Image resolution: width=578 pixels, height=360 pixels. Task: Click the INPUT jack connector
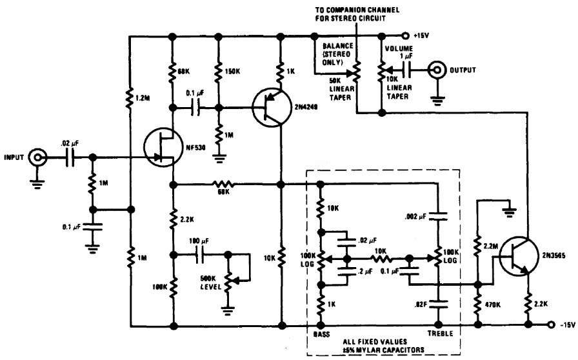pyautogui.click(x=39, y=156)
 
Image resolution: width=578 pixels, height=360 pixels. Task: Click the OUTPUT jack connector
pyautogui.click(x=439, y=68)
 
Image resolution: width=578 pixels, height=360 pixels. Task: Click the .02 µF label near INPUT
pyautogui.click(x=68, y=145)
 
